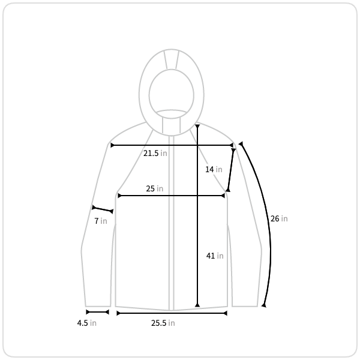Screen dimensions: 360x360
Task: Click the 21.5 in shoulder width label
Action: (x=155, y=153)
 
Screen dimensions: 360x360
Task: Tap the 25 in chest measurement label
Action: (x=155, y=189)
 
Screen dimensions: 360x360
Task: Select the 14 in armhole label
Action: (x=214, y=169)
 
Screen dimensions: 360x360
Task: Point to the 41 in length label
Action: (x=215, y=256)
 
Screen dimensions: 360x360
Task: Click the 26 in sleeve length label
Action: (x=279, y=218)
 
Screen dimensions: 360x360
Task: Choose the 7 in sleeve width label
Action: (x=101, y=221)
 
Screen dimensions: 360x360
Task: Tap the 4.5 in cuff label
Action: (x=87, y=323)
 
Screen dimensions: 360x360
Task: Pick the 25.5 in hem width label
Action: (x=163, y=323)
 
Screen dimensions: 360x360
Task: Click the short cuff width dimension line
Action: (x=97, y=312)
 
